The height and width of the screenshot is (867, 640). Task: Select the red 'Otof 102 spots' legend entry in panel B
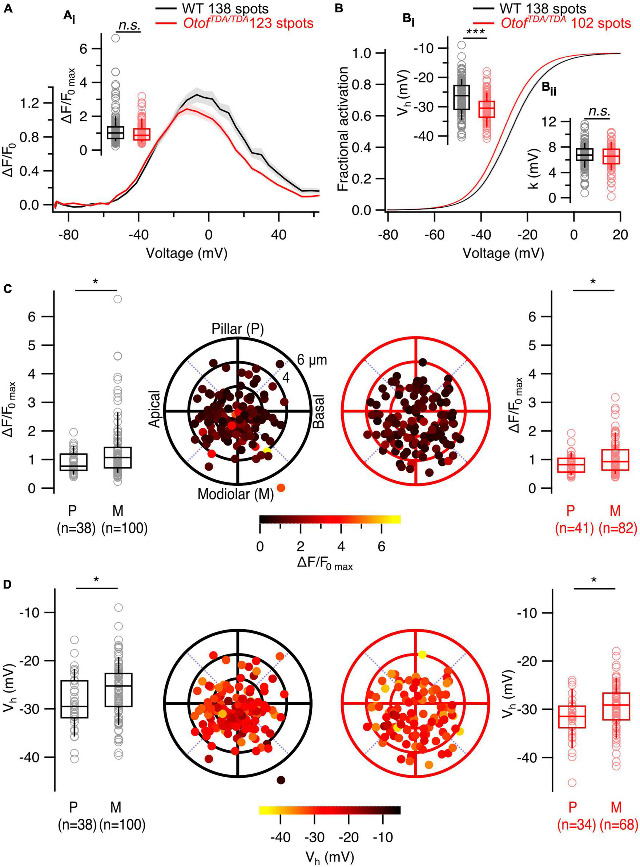565,23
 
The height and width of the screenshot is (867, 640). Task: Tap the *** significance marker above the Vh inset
475,33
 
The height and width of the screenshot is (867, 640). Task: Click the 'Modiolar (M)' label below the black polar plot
236,494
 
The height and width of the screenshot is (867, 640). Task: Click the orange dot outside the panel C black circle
281,488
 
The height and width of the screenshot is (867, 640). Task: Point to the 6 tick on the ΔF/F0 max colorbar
381,546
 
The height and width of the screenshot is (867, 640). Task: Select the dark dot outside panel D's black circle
281,780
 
